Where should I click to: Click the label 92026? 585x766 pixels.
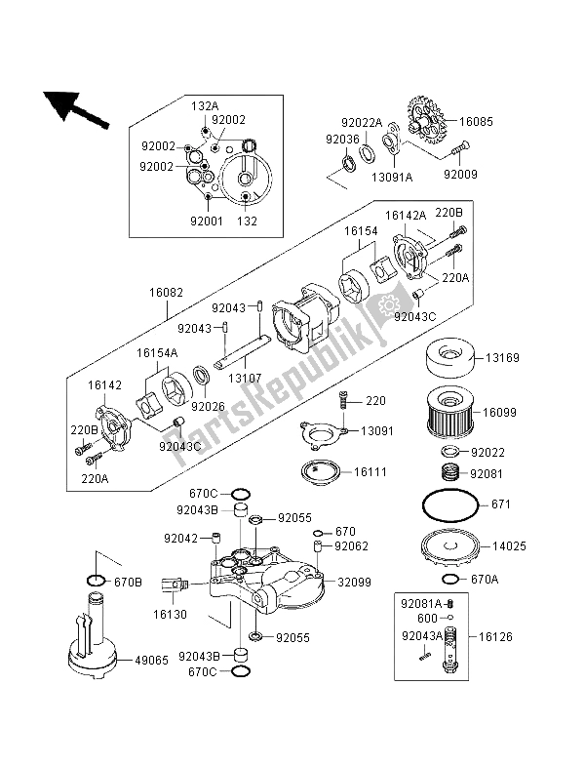pos(206,406)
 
